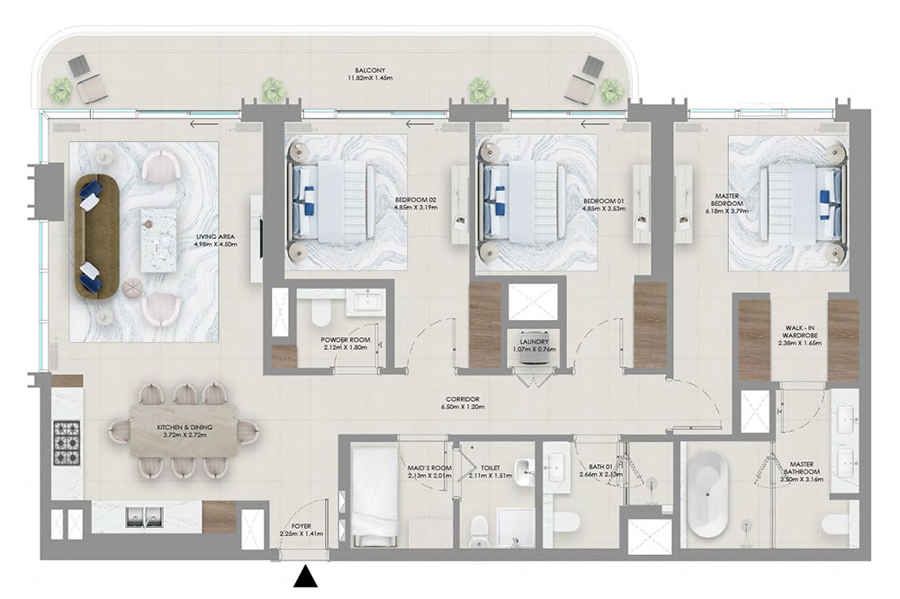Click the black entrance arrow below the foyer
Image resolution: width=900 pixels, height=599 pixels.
tap(307, 577)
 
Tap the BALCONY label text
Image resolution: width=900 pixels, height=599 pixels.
tap(370, 69)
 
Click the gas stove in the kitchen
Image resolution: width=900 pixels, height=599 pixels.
tap(67, 441)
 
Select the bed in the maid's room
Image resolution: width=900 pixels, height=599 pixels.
tap(371, 494)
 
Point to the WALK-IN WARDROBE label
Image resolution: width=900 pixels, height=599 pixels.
tap(794, 336)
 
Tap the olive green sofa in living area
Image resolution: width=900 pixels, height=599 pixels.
tap(94, 237)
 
